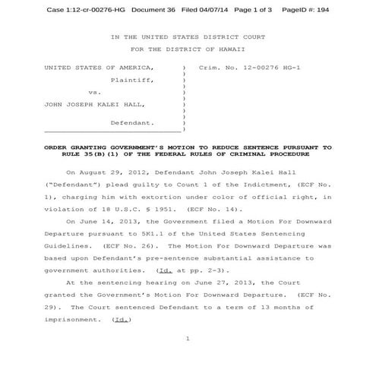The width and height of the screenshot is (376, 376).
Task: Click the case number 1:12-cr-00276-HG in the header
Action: click(89, 9)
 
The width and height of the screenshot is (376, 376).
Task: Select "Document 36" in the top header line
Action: click(154, 9)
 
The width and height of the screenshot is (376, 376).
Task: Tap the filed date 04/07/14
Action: click(213, 9)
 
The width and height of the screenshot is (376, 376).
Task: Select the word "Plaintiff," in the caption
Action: click(132, 80)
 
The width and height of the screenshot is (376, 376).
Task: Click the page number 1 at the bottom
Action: click(187, 339)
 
